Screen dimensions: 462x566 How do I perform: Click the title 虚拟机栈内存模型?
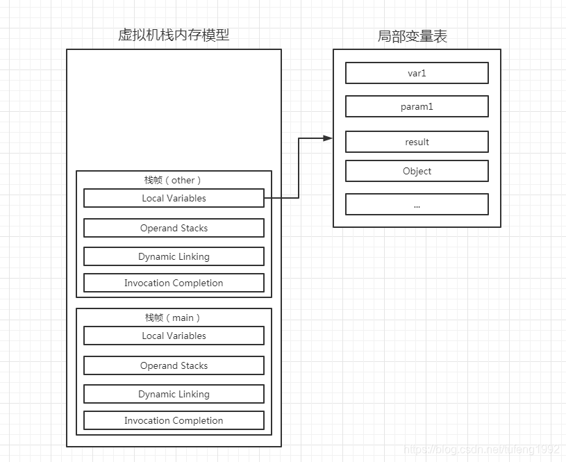pos(174,35)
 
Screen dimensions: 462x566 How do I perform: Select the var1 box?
pos(417,73)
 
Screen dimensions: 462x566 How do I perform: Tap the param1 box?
pos(417,106)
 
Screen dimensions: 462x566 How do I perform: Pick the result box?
pos(417,142)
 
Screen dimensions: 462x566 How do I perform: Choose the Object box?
pos(417,171)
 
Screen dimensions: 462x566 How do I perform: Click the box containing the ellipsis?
pos(417,204)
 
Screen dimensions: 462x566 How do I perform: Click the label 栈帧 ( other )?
pos(173,180)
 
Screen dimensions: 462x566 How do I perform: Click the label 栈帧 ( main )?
pos(173,317)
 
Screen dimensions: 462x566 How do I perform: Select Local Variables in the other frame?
pos(174,198)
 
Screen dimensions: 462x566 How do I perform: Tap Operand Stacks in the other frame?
pos(174,228)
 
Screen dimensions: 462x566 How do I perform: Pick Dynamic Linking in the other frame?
pos(174,256)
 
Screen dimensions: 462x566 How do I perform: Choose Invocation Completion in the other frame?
pos(174,283)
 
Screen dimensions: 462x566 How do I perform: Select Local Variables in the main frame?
pos(174,336)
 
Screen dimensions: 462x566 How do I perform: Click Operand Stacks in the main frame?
pos(174,365)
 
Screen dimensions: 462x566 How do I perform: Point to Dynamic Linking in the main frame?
pos(174,394)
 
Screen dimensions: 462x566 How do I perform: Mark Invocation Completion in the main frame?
pos(174,420)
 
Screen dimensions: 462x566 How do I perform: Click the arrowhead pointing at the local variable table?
pos(328,138)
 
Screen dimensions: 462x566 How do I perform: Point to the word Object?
pos(417,171)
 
